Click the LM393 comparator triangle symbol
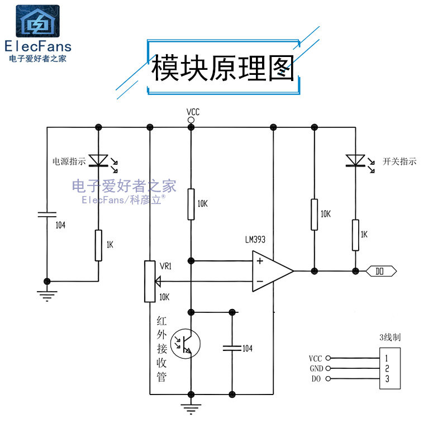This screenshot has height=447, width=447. (x=272, y=272)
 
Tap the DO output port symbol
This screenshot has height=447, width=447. (x=381, y=272)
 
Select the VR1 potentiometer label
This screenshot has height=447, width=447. (x=165, y=267)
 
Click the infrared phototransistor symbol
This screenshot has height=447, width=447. (x=185, y=343)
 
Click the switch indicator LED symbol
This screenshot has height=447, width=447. (x=355, y=161)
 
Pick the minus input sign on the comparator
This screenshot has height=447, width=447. (x=260, y=282)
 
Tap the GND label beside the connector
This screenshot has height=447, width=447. (x=316, y=369)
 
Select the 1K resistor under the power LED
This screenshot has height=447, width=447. (x=99, y=245)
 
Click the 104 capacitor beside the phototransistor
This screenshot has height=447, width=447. (x=231, y=348)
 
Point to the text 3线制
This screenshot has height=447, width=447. (x=389, y=337)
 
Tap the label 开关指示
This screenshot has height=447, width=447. (x=400, y=161)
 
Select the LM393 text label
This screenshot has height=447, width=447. (x=255, y=240)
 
